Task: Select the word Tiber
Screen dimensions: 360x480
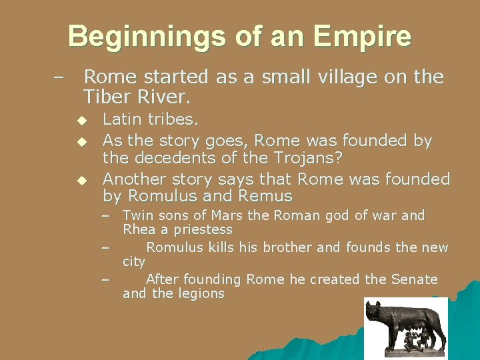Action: [108, 97]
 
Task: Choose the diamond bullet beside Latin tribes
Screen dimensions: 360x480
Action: [81, 121]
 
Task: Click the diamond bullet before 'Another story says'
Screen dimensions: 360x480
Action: [81, 180]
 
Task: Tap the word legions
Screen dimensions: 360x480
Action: [201, 293]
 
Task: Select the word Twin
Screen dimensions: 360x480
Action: [138, 215]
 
